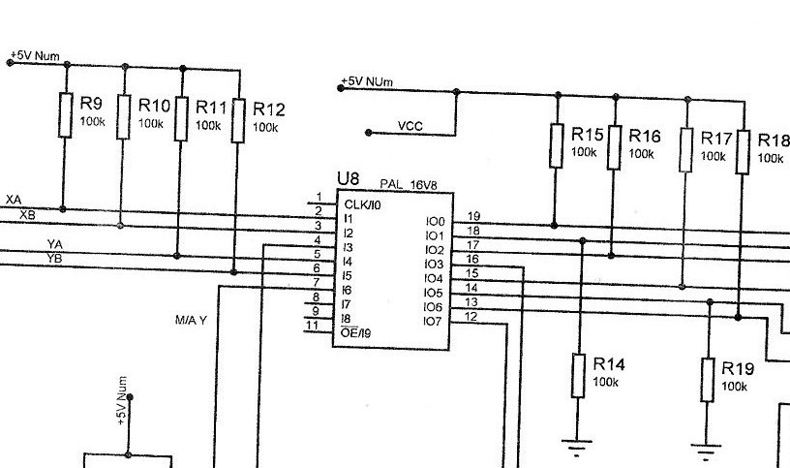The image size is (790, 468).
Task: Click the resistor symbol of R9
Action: [x=64, y=114]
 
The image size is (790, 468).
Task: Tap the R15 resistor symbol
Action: [x=556, y=145]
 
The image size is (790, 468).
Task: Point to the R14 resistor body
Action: [x=578, y=376]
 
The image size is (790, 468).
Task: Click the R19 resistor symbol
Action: [x=708, y=380]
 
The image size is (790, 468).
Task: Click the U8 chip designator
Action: [x=348, y=180]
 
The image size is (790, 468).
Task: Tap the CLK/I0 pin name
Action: [x=362, y=204]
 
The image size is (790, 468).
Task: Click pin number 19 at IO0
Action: [x=473, y=216]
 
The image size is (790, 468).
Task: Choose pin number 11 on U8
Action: [x=312, y=326]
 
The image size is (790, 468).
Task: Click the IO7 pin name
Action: [x=433, y=321]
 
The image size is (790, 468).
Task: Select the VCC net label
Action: [x=410, y=126]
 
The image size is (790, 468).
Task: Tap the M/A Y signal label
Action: [x=191, y=320]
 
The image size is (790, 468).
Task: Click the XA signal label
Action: [x=14, y=200]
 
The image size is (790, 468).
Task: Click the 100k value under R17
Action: [x=713, y=155]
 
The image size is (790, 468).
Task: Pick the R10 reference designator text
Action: [x=155, y=105]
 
